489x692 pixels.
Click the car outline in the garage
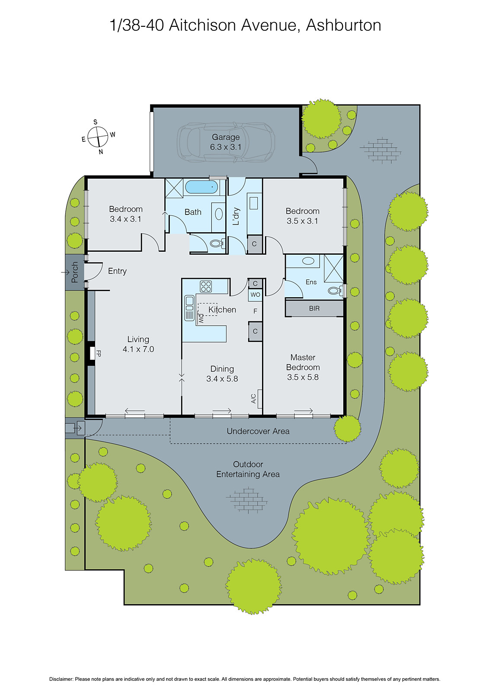[190, 142]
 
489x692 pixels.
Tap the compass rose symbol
[98, 137]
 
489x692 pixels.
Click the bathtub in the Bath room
[201, 187]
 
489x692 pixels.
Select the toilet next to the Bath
[216, 243]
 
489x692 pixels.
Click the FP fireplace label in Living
[98, 353]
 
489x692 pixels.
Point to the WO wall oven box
[255, 295]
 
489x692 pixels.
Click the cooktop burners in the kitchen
[206, 286]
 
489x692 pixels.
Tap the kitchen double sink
[189, 308]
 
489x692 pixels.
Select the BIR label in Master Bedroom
[314, 308]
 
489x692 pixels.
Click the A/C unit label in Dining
[254, 398]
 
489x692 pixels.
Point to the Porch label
[75, 272]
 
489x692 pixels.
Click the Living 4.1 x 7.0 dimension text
[138, 349]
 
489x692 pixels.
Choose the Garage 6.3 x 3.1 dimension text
[226, 147]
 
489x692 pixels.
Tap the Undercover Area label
[258, 431]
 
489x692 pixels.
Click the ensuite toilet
[334, 290]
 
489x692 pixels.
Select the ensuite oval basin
[308, 261]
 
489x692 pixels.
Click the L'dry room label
[236, 216]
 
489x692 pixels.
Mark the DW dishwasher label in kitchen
[201, 319]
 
